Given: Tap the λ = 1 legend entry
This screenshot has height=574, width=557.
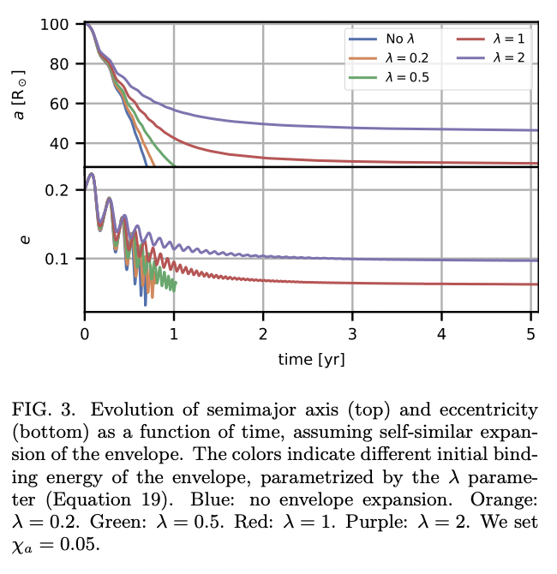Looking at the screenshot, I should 492,39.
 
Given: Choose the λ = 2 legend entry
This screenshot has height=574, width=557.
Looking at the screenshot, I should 492,57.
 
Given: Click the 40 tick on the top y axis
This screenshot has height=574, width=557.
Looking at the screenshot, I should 58,143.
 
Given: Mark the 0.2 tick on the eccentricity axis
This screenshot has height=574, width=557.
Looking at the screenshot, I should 57,189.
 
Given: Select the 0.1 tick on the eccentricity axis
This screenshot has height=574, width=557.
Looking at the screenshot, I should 57,259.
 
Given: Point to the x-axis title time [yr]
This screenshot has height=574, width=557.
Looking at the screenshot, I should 311,359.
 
